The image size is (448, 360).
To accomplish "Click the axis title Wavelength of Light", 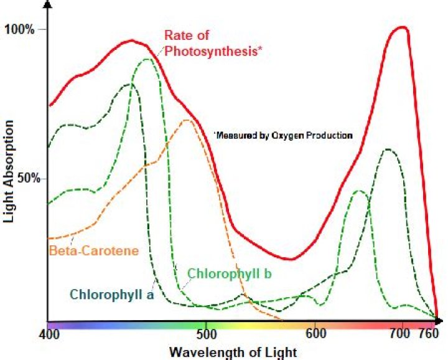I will click(235, 352).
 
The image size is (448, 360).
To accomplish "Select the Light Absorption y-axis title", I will click(10, 172).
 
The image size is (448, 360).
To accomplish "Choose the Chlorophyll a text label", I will click(112, 293).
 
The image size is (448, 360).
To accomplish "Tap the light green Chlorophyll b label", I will click(231, 273).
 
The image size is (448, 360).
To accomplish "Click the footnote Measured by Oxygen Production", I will click(284, 135).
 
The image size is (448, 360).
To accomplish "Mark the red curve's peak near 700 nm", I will click(403, 27).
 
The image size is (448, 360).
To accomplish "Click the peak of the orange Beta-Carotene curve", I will click(187, 120).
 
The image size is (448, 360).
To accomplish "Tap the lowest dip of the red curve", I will click(289, 259).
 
